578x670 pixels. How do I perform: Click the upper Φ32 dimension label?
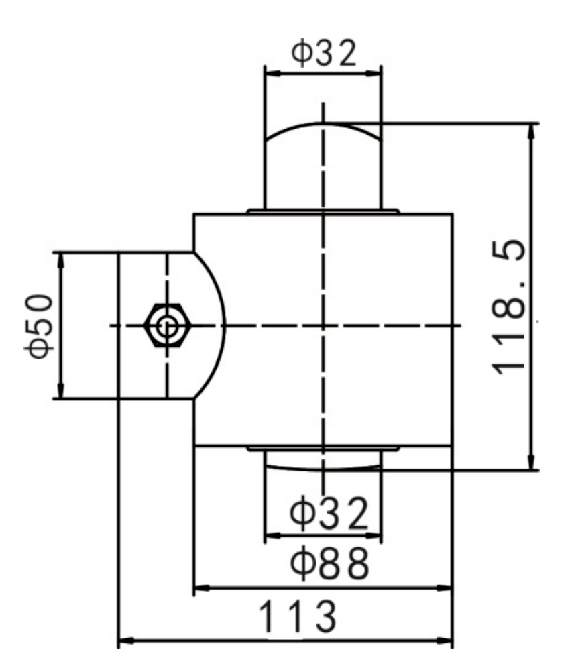pyautogui.click(x=323, y=54)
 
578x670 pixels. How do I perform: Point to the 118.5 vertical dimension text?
pyautogui.click(x=508, y=309)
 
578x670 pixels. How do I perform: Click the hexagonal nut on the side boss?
pyautogui.click(x=165, y=326)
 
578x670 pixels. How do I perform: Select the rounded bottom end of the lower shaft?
pyautogui.click(x=323, y=461)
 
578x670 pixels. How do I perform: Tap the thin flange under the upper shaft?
pyautogui.click(x=323, y=211)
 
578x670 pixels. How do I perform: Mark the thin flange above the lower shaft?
pyautogui.click(x=323, y=448)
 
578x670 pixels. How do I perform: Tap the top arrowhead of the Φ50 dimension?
pyautogui.click(x=60, y=258)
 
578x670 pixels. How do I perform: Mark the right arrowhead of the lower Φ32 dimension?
pyautogui.click(x=376, y=537)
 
